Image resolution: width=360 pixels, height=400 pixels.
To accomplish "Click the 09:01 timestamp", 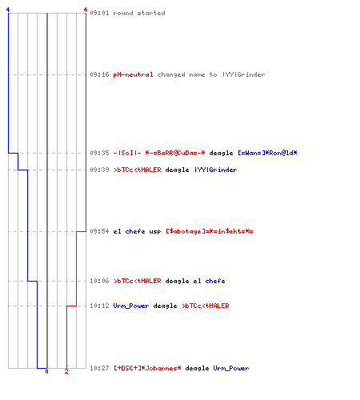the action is coord(99,13).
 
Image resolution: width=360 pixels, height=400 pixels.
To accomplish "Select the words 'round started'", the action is coord(139,13).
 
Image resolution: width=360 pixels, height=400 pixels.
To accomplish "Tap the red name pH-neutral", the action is coord(133,74).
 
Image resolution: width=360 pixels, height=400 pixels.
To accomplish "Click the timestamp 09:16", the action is coord(99,74).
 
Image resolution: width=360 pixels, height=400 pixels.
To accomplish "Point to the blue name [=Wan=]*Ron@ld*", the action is coord(267,153).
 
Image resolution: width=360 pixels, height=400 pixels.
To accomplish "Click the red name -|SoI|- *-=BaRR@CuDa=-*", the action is coord(159,153).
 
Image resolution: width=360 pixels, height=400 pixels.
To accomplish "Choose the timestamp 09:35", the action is coord(99,153).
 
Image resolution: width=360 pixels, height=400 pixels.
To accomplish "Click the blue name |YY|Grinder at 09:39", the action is coord(216,170).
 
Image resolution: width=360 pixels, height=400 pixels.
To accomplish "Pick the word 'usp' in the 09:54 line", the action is coord(155,232).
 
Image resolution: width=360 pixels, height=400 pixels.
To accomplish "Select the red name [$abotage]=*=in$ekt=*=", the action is coord(210,231).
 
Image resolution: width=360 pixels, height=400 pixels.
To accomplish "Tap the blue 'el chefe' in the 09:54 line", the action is coord(129,231).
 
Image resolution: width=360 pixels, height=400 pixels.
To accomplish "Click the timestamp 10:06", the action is coord(99,281).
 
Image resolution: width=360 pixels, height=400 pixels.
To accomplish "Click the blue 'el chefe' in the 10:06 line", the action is coord(209,281).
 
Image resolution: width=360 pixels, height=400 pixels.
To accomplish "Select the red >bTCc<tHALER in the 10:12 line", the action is coord(206,306).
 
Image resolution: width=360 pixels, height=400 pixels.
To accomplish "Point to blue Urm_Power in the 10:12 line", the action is coord(131,306).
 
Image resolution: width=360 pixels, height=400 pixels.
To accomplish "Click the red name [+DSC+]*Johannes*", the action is coord(147,368).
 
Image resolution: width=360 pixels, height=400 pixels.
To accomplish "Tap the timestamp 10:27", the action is coord(99,368).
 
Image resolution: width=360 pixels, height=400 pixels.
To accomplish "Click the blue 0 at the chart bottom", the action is coord(46,371).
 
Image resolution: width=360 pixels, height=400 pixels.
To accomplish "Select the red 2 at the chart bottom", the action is coord(66,371).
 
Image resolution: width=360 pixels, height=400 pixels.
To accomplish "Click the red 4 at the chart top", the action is coord(86,10).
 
